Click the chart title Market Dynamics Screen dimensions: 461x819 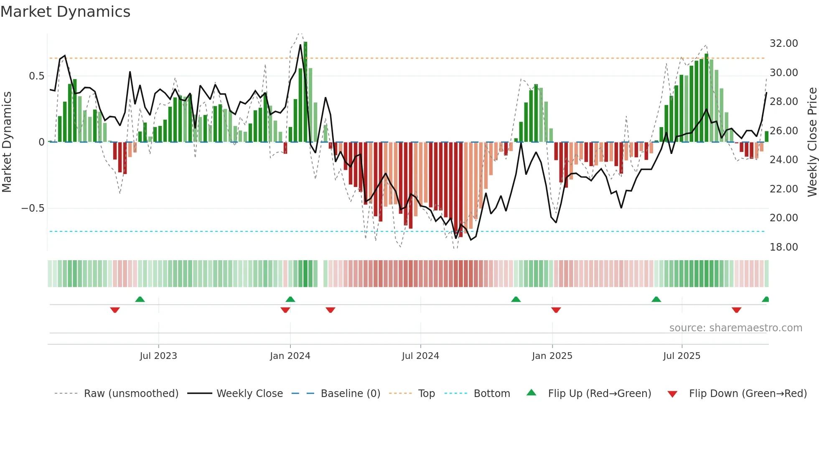click(x=66, y=12)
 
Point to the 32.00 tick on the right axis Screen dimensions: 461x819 click(x=783, y=44)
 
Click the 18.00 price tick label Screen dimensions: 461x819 click(x=783, y=247)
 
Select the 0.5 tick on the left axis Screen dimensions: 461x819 click(x=36, y=76)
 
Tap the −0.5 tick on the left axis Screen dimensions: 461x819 click(x=33, y=208)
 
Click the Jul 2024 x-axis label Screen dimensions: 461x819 click(x=420, y=356)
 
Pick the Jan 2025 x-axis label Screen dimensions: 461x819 click(x=552, y=356)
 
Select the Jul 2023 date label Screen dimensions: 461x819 click(x=158, y=356)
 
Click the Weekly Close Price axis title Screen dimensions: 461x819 click(x=812, y=142)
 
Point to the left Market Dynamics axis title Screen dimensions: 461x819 click(x=7, y=142)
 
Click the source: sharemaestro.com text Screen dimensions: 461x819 click(x=735, y=328)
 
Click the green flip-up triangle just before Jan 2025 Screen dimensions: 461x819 click(x=516, y=300)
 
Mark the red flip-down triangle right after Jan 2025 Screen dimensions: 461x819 click(x=556, y=310)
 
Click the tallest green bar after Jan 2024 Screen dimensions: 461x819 click(x=305, y=92)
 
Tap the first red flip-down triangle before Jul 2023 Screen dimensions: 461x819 click(x=115, y=310)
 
